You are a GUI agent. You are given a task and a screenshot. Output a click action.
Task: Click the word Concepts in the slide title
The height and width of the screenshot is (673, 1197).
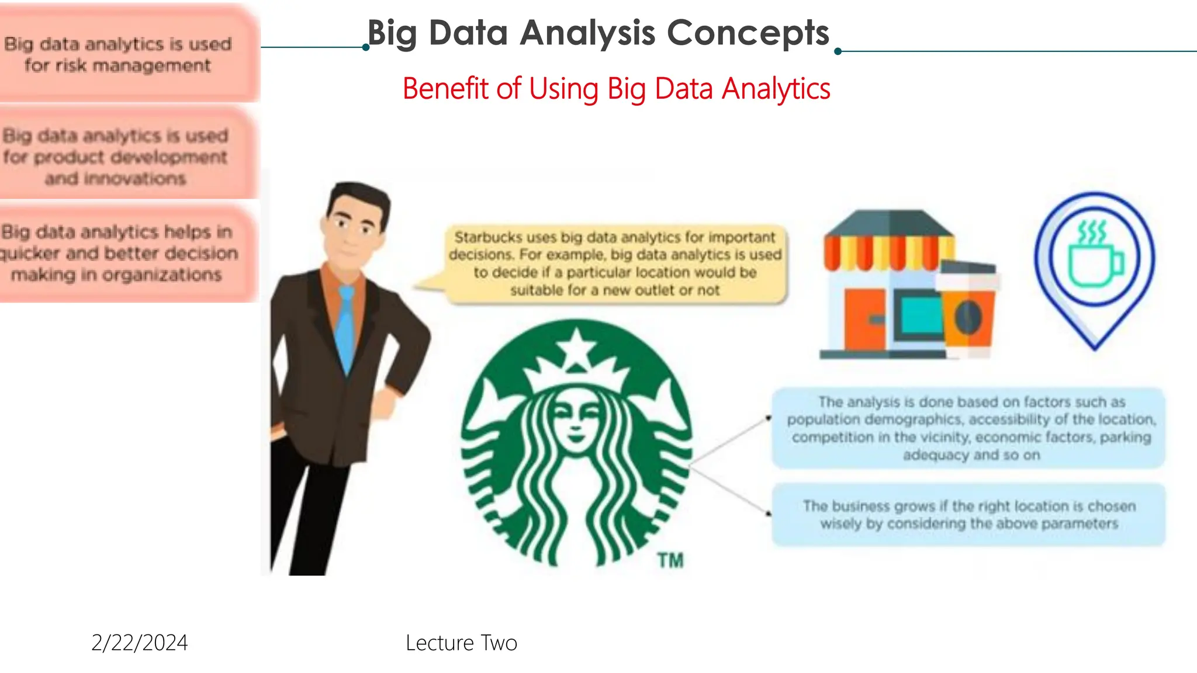click(x=748, y=33)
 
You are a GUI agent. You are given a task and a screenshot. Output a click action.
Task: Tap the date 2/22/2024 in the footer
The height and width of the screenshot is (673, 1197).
click(x=140, y=643)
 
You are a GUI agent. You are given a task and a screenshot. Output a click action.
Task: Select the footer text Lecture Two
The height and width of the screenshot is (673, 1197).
click(x=461, y=643)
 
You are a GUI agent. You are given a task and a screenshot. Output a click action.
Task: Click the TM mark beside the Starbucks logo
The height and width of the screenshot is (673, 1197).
click(x=670, y=560)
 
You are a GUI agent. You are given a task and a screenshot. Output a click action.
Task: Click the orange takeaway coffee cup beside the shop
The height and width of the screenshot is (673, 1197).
click(x=968, y=310)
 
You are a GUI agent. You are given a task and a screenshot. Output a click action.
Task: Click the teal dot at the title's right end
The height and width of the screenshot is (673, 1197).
click(x=838, y=51)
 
